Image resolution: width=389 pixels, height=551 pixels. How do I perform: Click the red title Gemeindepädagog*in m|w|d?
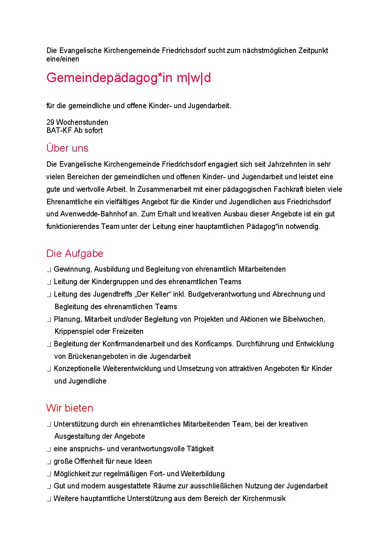tap(128, 78)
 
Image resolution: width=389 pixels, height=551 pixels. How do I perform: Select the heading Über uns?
tap(67, 148)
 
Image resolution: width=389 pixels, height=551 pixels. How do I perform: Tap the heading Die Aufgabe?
tap(75, 254)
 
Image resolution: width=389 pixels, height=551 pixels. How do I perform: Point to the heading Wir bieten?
tap(69, 408)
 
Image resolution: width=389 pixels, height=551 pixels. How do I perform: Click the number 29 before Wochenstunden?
tap(50, 122)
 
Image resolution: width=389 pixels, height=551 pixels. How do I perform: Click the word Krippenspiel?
tap(74, 331)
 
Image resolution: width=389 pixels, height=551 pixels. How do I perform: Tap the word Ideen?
tap(143, 461)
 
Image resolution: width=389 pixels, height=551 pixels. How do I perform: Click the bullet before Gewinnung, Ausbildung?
tap(49, 270)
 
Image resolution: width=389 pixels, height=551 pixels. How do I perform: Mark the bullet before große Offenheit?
tap(49, 462)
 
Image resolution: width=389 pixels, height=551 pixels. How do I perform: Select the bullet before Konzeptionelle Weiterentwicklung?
tap(49, 369)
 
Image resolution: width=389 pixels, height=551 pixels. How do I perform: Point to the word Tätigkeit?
tap(200, 449)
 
